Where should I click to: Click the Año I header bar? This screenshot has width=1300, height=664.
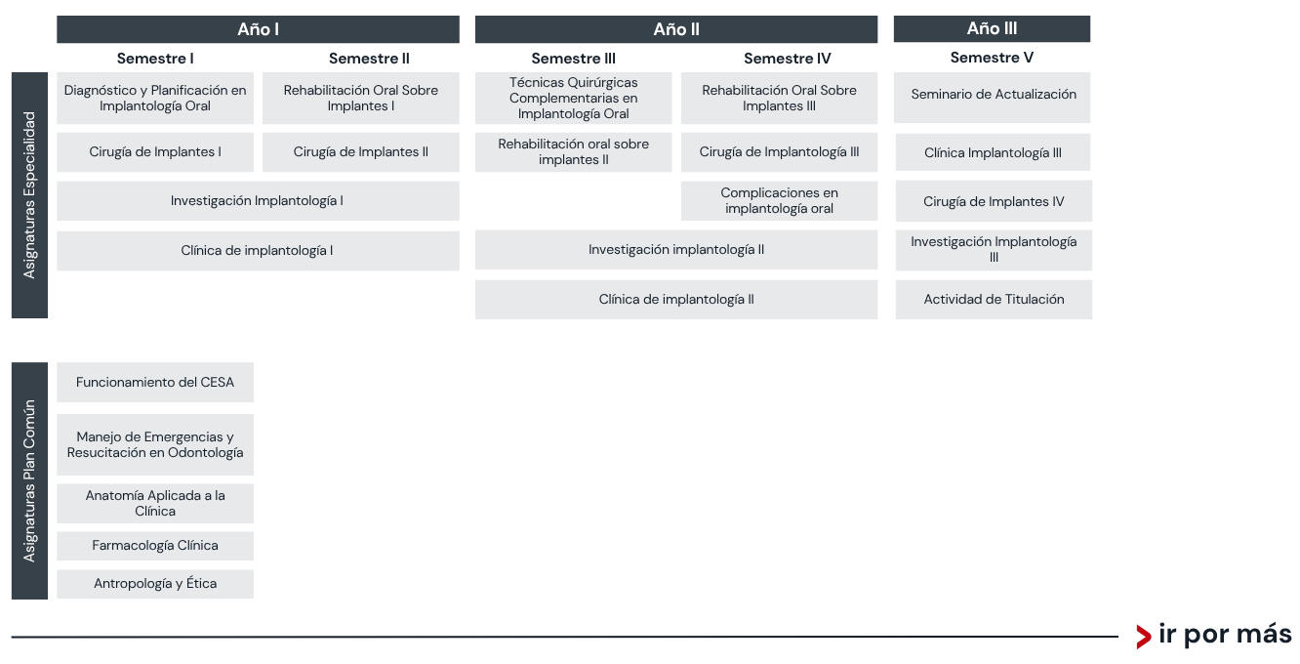(258, 29)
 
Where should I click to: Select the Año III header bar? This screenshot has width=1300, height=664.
(992, 28)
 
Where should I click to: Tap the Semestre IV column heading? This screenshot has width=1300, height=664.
(787, 59)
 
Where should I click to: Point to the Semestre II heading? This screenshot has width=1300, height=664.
(369, 59)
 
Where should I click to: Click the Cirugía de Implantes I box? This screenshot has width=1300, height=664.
(155, 152)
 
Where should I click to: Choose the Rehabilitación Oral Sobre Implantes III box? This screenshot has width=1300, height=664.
(779, 98)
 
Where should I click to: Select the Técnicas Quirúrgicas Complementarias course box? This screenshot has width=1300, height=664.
(574, 98)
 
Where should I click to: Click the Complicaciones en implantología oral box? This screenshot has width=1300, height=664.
(779, 201)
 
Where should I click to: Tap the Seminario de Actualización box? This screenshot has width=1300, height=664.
(992, 98)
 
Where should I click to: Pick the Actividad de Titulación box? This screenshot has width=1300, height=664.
(994, 300)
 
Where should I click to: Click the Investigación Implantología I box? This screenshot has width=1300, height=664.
(258, 201)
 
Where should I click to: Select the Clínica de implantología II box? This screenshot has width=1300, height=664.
(676, 300)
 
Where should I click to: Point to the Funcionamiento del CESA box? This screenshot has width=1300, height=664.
(155, 383)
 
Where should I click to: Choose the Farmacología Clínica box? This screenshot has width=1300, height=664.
(155, 546)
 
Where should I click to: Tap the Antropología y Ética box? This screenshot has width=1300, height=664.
(155, 584)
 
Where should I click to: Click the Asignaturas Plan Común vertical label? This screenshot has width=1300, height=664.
(29, 480)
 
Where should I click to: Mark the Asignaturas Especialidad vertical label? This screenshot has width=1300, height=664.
(29, 195)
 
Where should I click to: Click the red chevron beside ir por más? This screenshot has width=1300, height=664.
(1143, 637)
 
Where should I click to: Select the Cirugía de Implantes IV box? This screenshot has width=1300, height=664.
(994, 201)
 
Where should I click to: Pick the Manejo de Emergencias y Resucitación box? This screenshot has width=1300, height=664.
(155, 444)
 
